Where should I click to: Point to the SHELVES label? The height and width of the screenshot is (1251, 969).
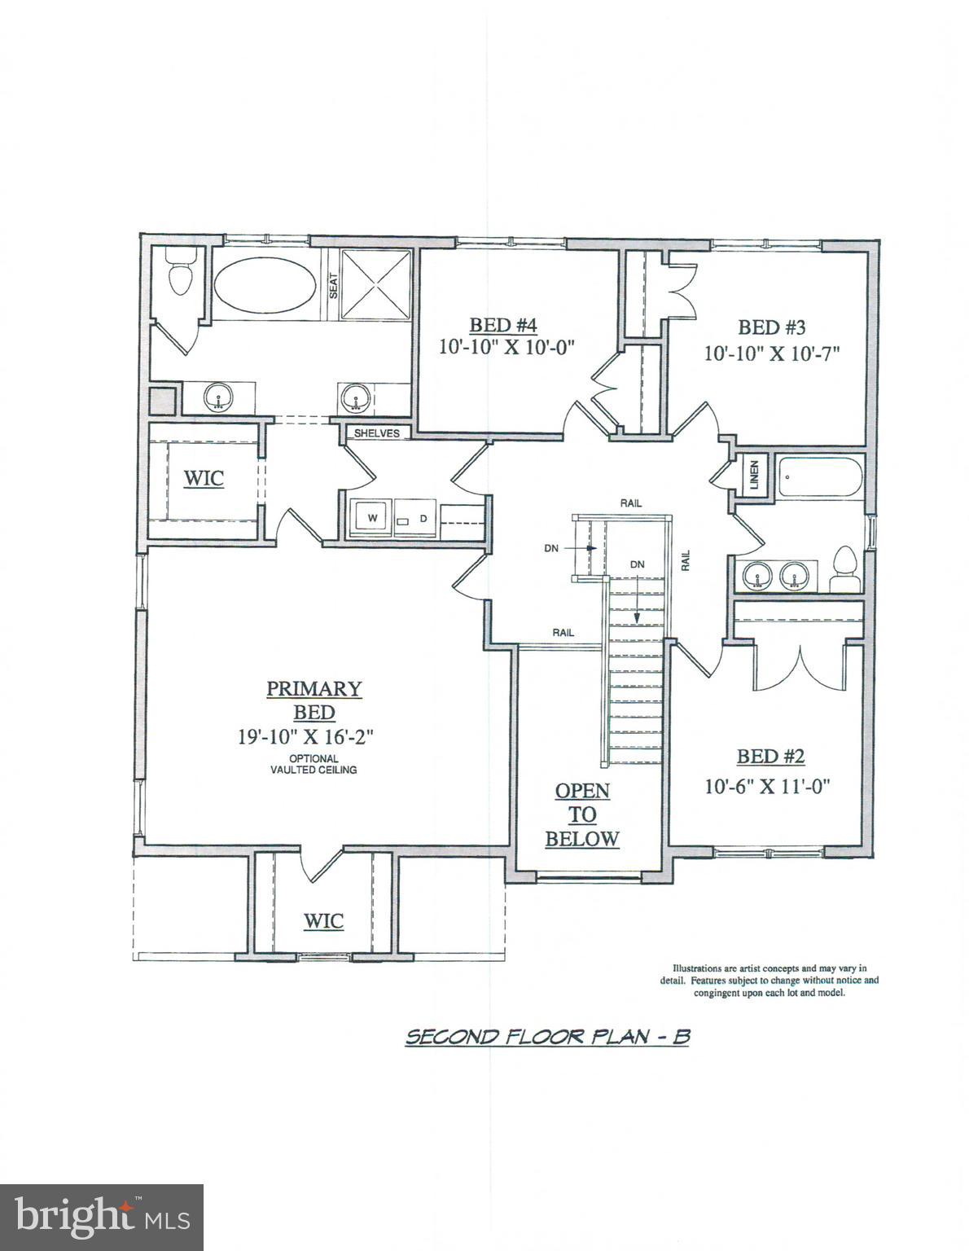point(376,433)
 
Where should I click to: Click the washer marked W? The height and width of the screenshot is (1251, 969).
point(371,518)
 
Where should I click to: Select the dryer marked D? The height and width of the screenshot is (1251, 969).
point(423,518)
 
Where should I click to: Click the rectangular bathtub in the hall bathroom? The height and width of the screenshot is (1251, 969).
point(819,478)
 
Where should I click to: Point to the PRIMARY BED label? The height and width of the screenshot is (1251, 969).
point(314,700)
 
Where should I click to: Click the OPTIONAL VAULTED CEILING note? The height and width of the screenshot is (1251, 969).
point(314,764)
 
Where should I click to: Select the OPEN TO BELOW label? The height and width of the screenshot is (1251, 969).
point(582,814)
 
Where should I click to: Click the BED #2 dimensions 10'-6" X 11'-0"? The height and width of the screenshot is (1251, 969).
point(770,787)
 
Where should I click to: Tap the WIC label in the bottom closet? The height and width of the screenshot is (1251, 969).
point(323,921)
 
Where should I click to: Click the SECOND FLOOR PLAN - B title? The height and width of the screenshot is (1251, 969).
point(547,1037)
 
